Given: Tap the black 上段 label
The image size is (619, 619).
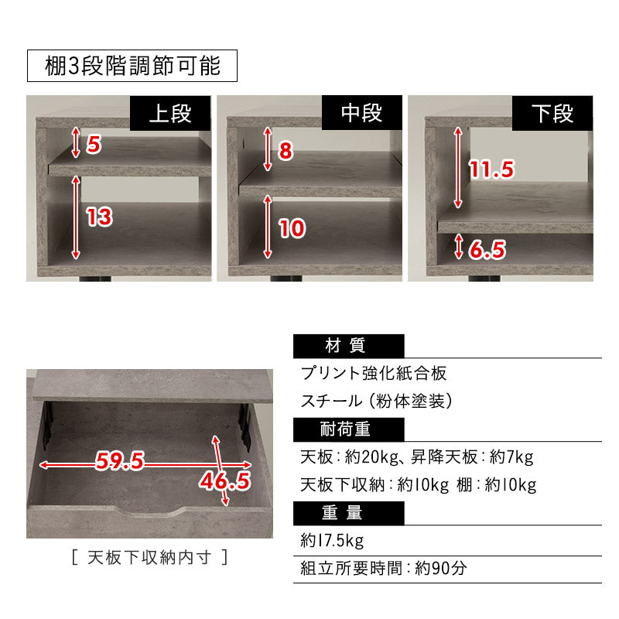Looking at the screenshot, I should point(169,114).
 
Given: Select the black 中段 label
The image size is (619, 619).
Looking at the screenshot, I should point(361,114).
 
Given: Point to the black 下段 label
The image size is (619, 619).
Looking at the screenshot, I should point(553,114).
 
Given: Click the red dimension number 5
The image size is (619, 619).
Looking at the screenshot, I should point(94,145).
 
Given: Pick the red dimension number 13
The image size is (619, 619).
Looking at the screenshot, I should point(99,217).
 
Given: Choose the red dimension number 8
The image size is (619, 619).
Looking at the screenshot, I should point(286,151).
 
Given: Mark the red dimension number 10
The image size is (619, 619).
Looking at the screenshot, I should point(292,228).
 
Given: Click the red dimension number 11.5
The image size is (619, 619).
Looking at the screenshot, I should point(492,169).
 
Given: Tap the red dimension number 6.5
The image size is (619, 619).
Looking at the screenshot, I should point(487,249).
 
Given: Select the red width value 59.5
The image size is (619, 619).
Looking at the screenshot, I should point(120,462).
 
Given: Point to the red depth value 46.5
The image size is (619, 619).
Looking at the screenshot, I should point(225,481).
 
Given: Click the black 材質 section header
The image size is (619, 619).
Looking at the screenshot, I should point(348,346).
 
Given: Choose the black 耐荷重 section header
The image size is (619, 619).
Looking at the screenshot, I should point(348,429).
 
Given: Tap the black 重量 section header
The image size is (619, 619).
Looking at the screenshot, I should point(348,512).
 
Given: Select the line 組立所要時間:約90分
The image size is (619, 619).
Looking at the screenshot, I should point(384,569).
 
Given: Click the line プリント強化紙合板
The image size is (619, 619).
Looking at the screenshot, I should point(374,374).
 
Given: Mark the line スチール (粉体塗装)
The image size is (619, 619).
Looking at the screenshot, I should point(376,402).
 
